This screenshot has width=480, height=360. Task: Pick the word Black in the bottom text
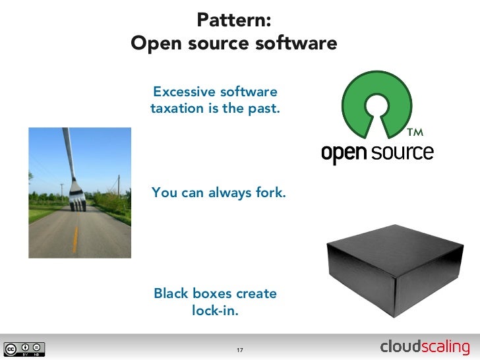[171, 293]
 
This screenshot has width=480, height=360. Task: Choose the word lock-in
[215, 311]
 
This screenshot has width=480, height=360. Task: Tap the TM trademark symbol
[415, 133]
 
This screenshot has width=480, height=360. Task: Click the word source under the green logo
[402, 153]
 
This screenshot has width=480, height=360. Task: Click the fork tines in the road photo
[78, 200]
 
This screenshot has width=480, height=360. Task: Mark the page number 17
[240, 349]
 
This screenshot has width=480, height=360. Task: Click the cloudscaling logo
[425, 347]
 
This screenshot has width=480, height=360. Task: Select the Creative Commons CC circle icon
[11, 348]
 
